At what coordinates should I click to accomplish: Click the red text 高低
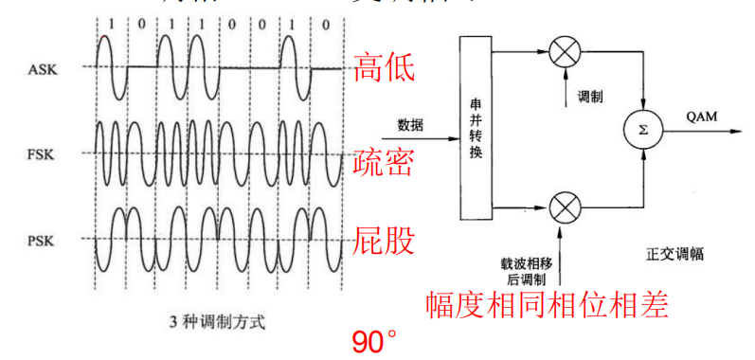click(384, 67)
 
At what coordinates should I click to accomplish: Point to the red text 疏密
click(384, 164)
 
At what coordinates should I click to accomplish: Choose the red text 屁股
click(384, 242)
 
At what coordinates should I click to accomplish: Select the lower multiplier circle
click(566, 205)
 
